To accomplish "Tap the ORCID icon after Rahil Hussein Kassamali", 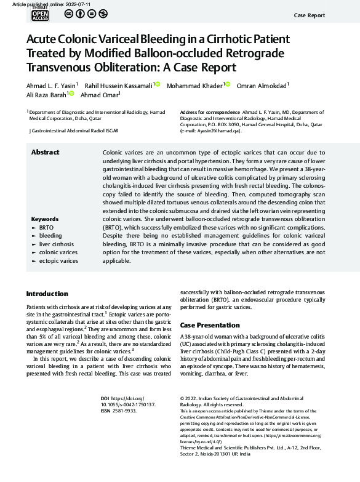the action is (x=157, y=84).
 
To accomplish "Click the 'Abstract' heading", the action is (x=45, y=152).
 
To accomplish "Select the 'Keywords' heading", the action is (x=44, y=219).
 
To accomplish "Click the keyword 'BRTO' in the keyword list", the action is (x=47, y=228).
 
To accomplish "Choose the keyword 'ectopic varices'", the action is (x=58, y=261).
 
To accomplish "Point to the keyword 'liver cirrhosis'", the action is (x=56, y=244).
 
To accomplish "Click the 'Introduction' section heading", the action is (x=47, y=294).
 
